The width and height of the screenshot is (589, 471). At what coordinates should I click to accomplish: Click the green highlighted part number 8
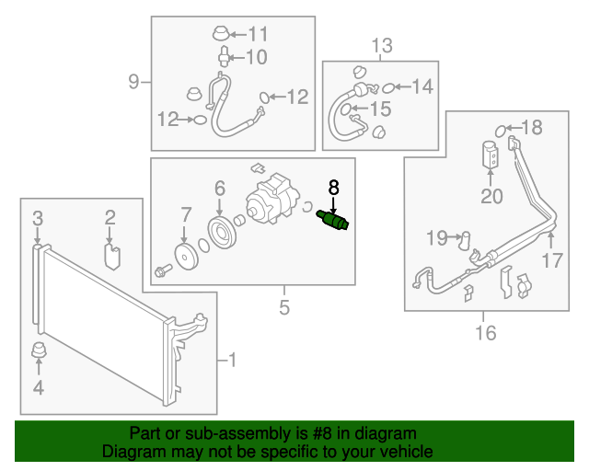click(334, 223)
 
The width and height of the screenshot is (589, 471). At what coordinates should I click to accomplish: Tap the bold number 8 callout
click(333, 188)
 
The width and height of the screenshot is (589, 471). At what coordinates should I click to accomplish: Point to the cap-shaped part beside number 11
click(222, 36)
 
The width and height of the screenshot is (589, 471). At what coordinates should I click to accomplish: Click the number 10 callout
click(255, 58)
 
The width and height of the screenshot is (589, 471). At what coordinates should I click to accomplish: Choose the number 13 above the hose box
click(381, 45)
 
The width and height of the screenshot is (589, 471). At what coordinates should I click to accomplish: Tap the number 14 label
click(421, 87)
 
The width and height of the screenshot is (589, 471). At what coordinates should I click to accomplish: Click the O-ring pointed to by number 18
click(502, 128)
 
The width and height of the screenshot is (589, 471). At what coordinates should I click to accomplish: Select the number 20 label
click(491, 195)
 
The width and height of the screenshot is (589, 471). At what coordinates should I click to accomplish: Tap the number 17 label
click(550, 261)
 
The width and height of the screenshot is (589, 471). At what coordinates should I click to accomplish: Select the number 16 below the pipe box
click(485, 332)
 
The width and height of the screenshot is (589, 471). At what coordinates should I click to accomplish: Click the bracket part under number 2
click(110, 253)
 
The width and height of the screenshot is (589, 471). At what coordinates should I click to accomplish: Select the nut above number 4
click(39, 351)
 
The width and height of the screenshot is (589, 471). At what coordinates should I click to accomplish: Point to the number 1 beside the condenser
click(232, 361)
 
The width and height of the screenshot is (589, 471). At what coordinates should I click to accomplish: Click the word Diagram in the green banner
click(130, 453)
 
